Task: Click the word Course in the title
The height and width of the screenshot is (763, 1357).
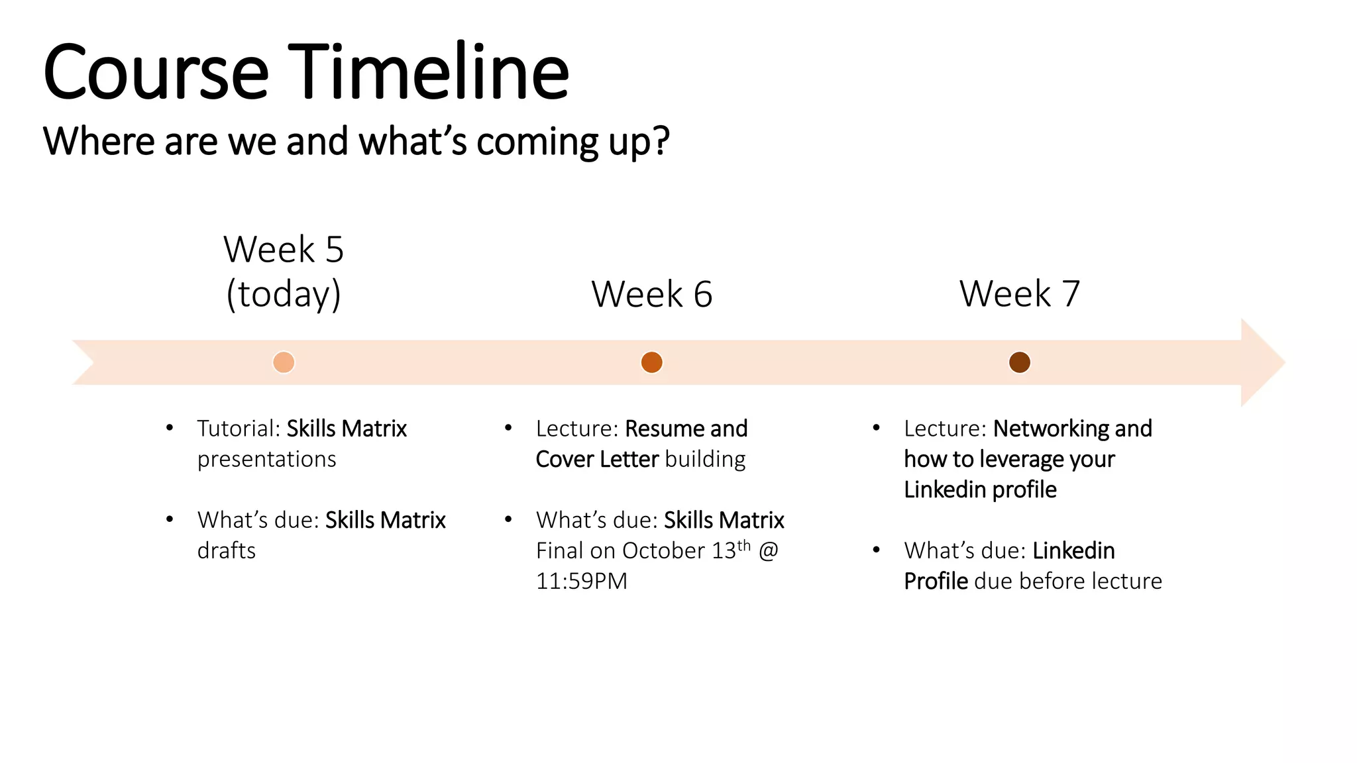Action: click(156, 73)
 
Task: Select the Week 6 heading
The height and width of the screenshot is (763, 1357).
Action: click(652, 294)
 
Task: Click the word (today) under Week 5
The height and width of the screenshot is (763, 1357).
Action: click(284, 294)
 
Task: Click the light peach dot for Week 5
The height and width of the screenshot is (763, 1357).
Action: click(284, 362)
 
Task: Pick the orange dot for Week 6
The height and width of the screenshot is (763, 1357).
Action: click(652, 362)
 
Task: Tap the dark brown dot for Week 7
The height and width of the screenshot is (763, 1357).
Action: click(1020, 362)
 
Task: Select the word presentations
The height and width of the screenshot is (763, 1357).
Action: click(267, 459)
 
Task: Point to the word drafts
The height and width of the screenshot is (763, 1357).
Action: click(227, 550)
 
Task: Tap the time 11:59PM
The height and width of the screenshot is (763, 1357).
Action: click(582, 581)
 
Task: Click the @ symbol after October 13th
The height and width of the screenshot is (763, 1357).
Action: click(768, 550)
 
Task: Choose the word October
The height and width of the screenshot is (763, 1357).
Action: click(663, 550)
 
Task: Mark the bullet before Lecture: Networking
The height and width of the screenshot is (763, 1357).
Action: click(877, 428)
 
